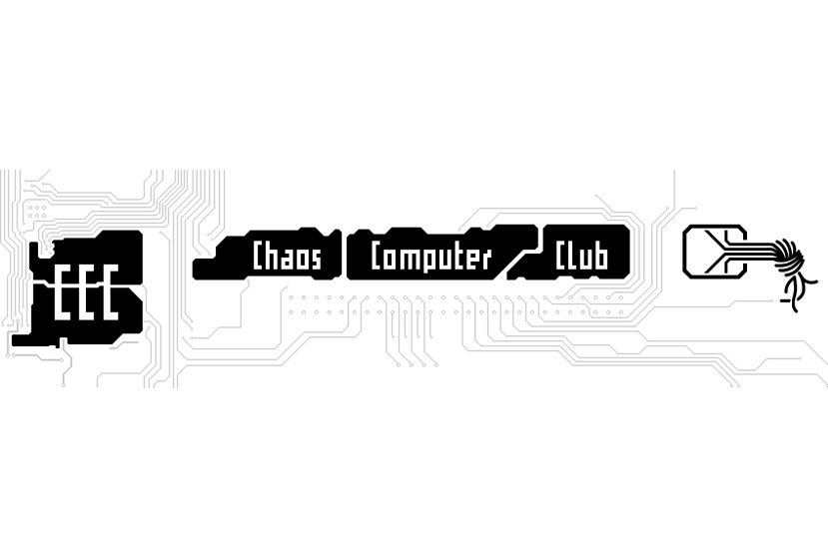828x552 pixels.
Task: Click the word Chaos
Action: point(287,256)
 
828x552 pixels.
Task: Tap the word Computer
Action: point(430,257)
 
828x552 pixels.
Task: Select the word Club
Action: point(581,256)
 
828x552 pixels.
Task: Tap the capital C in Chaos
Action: point(258,256)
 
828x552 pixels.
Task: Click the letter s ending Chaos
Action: point(316,260)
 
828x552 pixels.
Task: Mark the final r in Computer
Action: point(485,260)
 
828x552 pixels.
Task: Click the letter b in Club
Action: point(602,256)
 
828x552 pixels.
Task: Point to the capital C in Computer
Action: point(377,256)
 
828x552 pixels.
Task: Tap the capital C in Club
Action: point(560,256)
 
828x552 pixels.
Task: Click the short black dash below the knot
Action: point(785,300)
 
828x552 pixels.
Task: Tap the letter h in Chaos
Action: point(273,256)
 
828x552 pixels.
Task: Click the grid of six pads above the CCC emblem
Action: point(37,212)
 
